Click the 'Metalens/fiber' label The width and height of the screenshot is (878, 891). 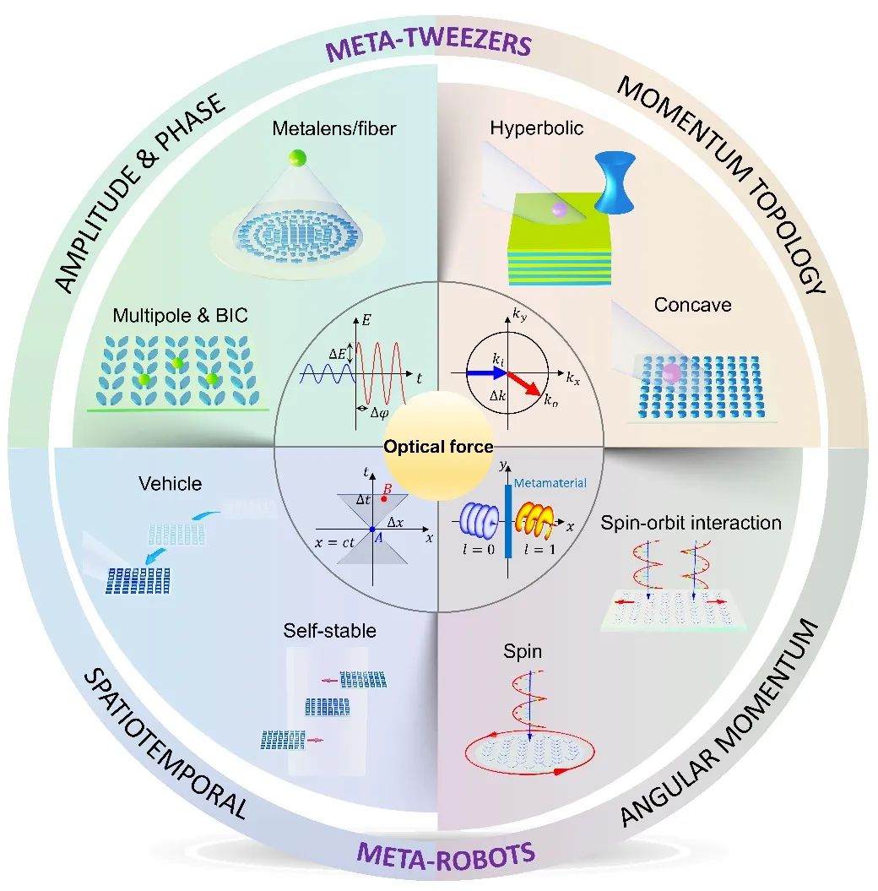pyautogui.click(x=333, y=129)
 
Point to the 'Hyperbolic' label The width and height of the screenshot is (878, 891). pyautogui.click(x=536, y=128)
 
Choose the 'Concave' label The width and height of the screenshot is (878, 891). pyautogui.click(x=692, y=304)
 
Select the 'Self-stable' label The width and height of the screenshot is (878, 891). pyautogui.click(x=329, y=630)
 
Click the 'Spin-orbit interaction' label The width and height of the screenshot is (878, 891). pyautogui.click(x=691, y=523)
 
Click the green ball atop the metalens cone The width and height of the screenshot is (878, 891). pyautogui.click(x=296, y=158)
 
